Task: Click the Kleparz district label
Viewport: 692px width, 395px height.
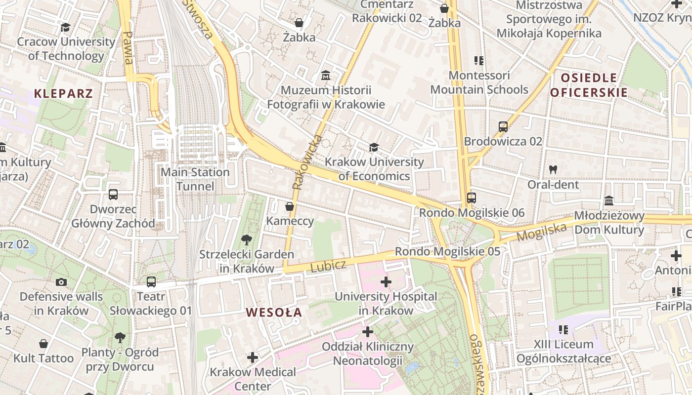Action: click(63, 93)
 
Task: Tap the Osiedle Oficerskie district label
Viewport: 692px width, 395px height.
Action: click(589, 85)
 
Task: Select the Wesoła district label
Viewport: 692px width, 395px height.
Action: click(273, 312)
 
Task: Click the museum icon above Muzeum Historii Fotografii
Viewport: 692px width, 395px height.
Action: click(326, 76)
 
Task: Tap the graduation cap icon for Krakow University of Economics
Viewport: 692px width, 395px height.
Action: click(374, 148)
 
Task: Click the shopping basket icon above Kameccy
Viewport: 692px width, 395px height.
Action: click(290, 206)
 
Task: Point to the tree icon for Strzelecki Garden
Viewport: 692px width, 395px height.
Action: click(246, 240)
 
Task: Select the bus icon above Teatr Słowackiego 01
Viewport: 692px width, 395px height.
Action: click(151, 282)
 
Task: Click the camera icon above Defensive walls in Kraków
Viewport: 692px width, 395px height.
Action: click(61, 282)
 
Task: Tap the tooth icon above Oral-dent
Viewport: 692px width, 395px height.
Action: click(553, 169)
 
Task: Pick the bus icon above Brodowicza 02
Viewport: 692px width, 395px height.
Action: click(503, 127)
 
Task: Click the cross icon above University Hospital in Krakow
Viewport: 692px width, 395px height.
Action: click(386, 282)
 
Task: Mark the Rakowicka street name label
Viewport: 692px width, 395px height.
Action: click(306, 162)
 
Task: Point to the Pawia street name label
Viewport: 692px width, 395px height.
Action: click(129, 48)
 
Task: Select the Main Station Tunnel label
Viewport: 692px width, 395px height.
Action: click(196, 179)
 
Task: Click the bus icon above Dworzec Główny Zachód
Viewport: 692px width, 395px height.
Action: click(113, 195)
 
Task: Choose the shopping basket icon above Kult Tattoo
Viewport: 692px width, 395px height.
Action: click(43, 344)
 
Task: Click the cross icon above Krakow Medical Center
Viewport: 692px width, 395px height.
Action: click(253, 357)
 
